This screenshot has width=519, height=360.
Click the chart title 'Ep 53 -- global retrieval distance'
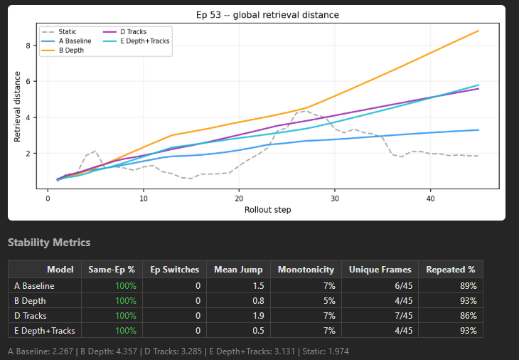(267, 15)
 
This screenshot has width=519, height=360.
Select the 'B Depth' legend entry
(70, 51)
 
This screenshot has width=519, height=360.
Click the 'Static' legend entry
(67, 32)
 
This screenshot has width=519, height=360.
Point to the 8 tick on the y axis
(28, 46)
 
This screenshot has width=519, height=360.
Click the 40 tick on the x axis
(431, 200)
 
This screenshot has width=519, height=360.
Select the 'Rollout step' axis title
(267, 210)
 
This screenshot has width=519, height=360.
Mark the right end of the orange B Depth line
(478, 31)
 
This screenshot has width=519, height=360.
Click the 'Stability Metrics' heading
(49, 243)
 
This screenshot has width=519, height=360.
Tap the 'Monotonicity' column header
(305, 270)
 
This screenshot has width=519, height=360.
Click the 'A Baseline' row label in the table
(33, 285)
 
